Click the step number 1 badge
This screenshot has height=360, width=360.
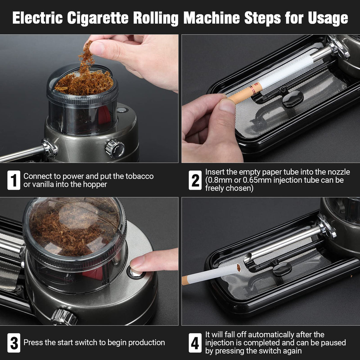pos(14,180)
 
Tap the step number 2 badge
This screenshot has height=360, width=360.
pos(195,180)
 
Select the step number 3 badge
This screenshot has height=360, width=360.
pos(14,343)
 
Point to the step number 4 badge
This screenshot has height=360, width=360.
pos(195,343)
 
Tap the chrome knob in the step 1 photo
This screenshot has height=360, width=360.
pos(115,148)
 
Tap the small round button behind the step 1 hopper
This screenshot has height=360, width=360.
pos(120,110)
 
